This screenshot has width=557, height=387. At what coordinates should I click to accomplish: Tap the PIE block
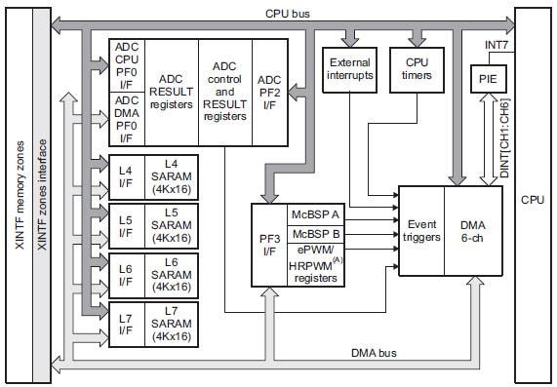[x=487, y=79]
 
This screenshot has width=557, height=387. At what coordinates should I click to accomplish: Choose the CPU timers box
[x=417, y=69]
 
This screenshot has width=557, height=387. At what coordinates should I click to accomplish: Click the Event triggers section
[x=421, y=230]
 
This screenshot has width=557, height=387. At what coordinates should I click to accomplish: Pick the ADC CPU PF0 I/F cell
[x=127, y=65]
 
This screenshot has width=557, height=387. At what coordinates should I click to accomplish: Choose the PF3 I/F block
[x=269, y=244]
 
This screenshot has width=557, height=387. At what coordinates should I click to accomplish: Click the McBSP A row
[x=314, y=214]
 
